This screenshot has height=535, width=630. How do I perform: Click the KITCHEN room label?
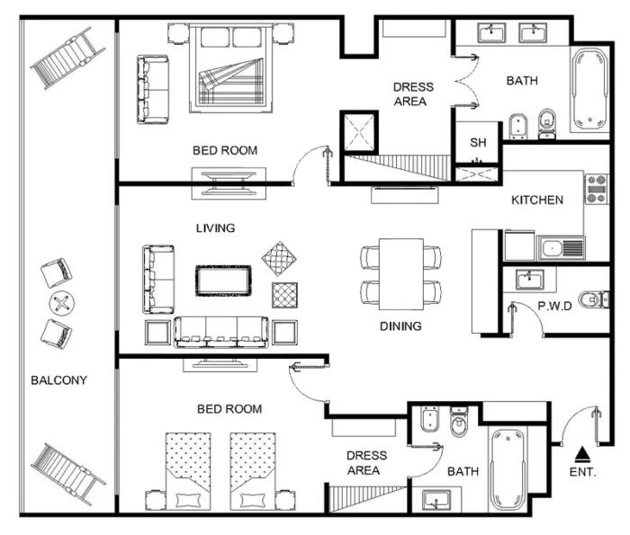click(x=536, y=200)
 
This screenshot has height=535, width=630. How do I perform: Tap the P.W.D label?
click(x=555, y=307)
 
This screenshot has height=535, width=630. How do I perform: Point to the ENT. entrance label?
click(x=582, y=472)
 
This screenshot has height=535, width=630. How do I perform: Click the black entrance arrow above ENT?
click(x=582, y=455)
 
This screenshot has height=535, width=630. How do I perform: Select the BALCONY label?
click(x=58, y=380)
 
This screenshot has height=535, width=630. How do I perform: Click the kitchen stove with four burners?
click(x=597, y=189)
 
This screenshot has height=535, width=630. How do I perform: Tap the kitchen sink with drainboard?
click(x=561, y=248)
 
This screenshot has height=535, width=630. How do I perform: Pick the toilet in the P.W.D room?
click(x=594, y=299)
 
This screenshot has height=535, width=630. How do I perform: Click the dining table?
click(x=401, y=274)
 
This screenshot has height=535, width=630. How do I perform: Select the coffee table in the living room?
click(x=223, y=281)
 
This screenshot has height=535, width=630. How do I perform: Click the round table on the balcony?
click(x=62, y=303)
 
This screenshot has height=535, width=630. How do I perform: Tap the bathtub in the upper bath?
click(x=589, y=91)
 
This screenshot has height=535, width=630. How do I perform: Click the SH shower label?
click(x=478, y=142)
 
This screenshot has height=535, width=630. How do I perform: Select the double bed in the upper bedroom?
click(x=230, y=68)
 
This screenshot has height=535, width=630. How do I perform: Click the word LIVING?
click(x=215, y=228)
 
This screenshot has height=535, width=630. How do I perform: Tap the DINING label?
click(x=400, y=325)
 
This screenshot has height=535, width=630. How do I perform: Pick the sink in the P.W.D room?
click(x=529, y=280)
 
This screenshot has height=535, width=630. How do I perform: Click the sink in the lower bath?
click(x=436, y=501)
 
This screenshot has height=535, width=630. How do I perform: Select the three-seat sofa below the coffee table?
click(x=221, y=333)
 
